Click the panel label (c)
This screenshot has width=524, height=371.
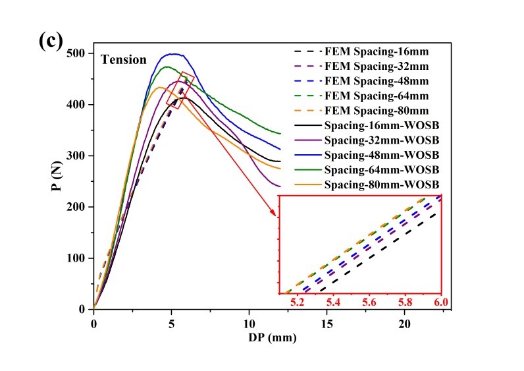point(50,41)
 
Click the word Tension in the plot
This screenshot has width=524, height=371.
point(123,60)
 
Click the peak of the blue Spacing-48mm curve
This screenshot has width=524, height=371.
point(173,54)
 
